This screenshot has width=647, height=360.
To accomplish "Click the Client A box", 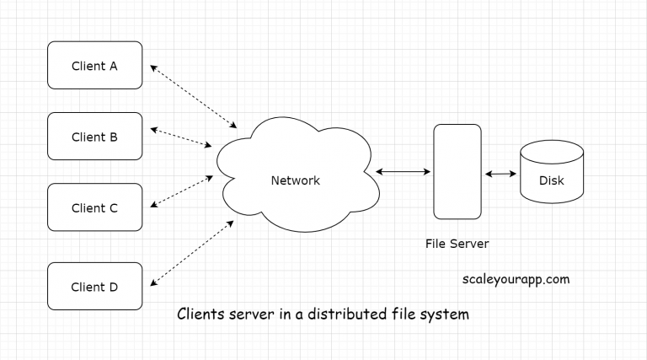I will (94, 65).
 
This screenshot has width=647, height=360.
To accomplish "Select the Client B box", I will (94, 137).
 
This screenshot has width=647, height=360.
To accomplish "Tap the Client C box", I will (94, 207).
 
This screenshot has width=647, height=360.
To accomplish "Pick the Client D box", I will (94, 287).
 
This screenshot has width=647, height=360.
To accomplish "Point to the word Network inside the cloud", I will (295, 180).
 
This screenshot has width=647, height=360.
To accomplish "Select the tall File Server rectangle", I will (457, 171).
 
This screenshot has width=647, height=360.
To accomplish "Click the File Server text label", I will (457, 244).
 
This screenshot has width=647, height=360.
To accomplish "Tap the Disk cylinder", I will (551, 172).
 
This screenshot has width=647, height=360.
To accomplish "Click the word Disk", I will (551, 180).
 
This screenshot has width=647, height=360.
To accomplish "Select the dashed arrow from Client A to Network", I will (194, 94).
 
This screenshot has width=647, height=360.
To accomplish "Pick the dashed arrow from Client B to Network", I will (181, 137).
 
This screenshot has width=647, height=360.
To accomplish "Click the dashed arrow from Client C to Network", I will (181, 191).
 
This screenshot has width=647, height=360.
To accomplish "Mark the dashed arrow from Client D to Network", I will (191, 250).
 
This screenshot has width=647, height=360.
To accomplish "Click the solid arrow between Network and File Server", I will (402, 171).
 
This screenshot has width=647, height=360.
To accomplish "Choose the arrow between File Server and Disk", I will (500, 174).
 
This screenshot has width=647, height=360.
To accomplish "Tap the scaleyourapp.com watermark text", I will (516, 278).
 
